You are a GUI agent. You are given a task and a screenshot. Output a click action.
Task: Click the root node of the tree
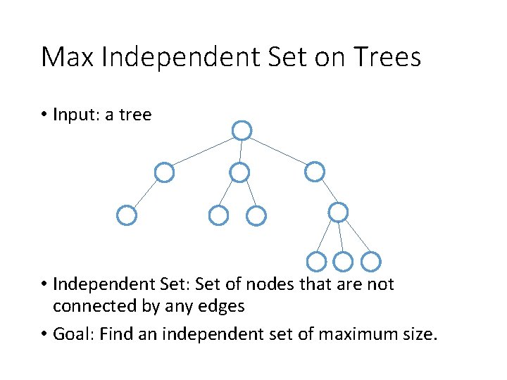coord(242,130)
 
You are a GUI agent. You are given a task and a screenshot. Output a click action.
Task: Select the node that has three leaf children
coord(339,211)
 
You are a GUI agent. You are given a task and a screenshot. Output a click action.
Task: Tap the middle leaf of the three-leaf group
coord(342,262)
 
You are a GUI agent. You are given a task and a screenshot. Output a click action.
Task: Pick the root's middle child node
coord(240,172)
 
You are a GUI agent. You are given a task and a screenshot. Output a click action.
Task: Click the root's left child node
coord(164,172)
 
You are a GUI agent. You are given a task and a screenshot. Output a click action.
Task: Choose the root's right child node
coord(315,171)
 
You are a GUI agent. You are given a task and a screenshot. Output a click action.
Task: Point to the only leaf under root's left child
coord(126,215)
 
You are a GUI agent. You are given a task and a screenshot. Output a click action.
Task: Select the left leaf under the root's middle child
coord(219,215)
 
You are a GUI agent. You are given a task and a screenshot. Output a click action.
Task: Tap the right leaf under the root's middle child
coord(257,215)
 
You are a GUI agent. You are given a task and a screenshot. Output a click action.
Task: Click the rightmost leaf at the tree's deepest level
coord(371,262)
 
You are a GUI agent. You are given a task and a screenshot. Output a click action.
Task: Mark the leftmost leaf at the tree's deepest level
coord(317,262)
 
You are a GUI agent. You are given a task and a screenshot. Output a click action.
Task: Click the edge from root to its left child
coord(203,151)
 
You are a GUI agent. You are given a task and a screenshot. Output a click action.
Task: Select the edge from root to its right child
coord(278,151)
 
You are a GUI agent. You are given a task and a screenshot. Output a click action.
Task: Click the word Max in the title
coord(68,56)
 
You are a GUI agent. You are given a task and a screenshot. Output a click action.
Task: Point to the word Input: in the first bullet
coord(77,115)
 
